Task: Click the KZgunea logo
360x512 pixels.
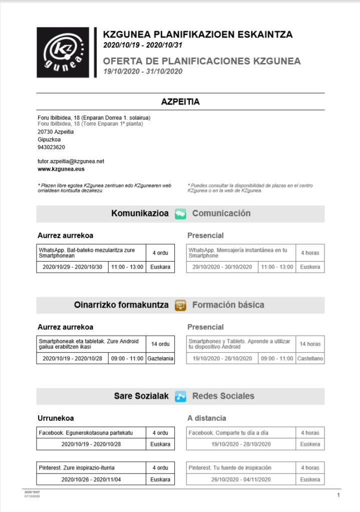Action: (63, 53)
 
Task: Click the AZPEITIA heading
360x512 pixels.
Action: (180, 102)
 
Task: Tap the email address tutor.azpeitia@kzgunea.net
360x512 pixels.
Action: (71, 162)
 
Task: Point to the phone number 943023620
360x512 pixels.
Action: (51, 148)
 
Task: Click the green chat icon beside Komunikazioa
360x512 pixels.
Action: (180, 214)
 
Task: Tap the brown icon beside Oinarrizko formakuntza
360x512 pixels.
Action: (180, 305)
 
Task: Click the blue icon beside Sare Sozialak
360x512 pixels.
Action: (180, 396)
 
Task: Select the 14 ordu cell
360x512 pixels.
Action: (160, 344)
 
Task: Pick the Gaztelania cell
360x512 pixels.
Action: (160, 358)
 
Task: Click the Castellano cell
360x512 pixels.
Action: (310, 358)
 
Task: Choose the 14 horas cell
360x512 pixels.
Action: (310, 344)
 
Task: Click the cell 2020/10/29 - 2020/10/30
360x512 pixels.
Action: (72, 267)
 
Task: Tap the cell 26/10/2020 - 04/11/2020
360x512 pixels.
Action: (241, 479)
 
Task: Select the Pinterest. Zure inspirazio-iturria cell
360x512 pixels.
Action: (91, 468)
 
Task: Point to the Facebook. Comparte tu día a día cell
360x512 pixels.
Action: (241, 432)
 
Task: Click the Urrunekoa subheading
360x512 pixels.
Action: (56, 418)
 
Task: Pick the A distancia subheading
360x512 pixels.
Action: (207, 418)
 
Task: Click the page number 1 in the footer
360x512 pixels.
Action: (338, 495)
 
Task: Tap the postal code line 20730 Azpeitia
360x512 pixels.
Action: (56, 132)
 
